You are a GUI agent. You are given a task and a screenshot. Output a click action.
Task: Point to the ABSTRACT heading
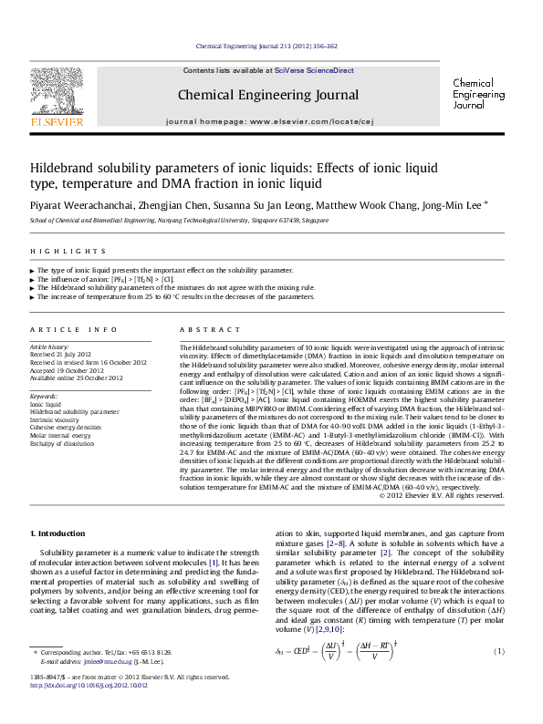[x=203, y=328]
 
